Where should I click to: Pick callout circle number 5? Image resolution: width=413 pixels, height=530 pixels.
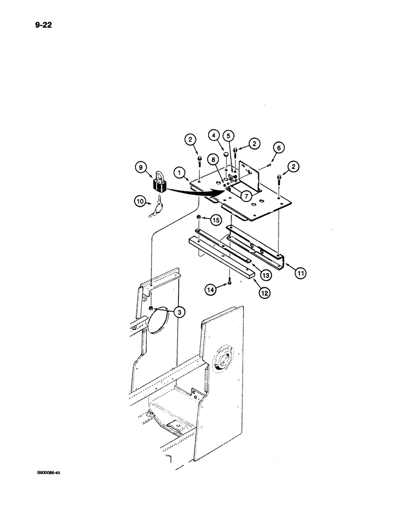(280, 148)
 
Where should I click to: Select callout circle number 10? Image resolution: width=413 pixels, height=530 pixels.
(301, 273)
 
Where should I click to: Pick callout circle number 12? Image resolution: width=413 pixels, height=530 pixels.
(265, 276)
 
